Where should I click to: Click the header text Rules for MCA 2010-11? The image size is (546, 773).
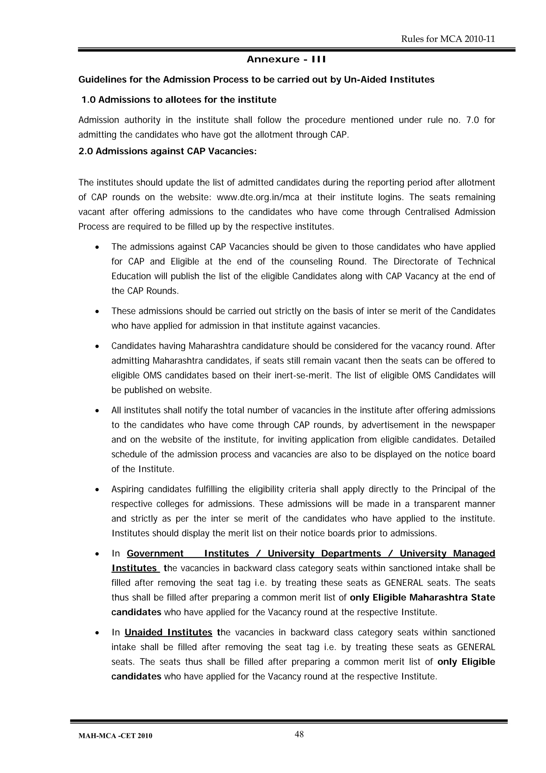click(448, 39)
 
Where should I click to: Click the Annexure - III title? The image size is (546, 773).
click(286, 59)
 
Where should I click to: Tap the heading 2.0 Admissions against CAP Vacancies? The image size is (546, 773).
click(167, 151)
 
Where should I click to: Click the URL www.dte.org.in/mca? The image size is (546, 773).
click(258, 197)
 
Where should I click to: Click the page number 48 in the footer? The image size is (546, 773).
click(299, 734)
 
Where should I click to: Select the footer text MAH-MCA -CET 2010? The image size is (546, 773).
click(115, 736)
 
